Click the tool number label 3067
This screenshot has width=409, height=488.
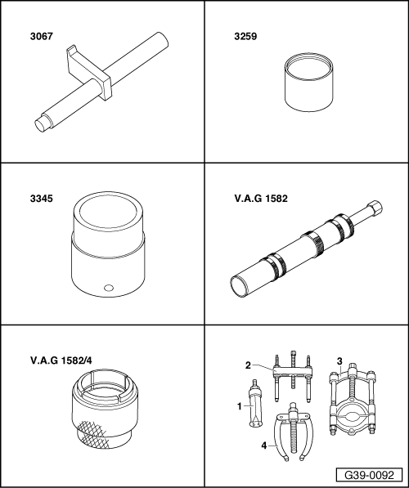tap(42, 37)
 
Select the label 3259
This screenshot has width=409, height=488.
tap(245, 37)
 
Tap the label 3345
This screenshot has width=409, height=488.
tap(42, 199)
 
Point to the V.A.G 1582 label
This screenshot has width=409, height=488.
tap(261, 199)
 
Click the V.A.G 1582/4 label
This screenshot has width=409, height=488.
tap(61, 360)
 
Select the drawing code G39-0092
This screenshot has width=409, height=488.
tap(369, 475)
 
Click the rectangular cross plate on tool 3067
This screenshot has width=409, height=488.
tap(89, 73)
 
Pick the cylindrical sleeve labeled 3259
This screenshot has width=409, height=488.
tap(309, 83)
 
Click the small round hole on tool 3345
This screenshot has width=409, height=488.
tap(109, 288)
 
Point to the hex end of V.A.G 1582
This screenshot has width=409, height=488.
tap(375, 208)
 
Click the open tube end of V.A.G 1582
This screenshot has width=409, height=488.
tap(238, 284)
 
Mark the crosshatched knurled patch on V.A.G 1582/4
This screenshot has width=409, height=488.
tap(92, 435)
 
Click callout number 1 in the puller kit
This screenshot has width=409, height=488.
tap(239, 406)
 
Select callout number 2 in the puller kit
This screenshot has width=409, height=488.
tap(248, 365)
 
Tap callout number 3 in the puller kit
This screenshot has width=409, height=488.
tap(339, 361)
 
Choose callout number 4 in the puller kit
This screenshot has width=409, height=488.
tap(264, 445)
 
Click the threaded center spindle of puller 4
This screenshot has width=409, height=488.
tap(293, 436)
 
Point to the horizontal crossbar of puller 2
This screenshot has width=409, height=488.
tap(292, 372)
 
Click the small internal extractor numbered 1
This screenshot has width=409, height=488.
tap(256, 404)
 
